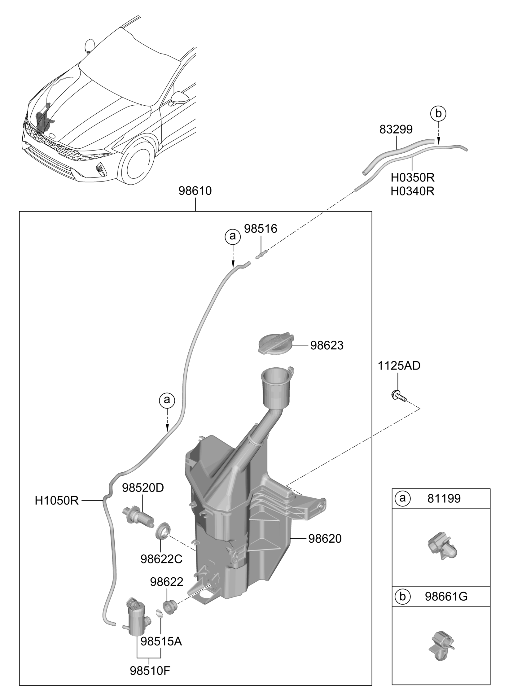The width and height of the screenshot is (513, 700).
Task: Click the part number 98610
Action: tap(195, 191)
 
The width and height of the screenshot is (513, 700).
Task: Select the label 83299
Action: tap(396, 129)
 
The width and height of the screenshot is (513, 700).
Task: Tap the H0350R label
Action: tap(412, 178)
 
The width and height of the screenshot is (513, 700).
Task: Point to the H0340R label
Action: tap(412, 191)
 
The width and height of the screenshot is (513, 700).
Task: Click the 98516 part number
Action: tap(261, 229)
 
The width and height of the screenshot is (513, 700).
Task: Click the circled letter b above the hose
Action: tap(438, 114)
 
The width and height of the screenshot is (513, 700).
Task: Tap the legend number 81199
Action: tap(444, 499)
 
